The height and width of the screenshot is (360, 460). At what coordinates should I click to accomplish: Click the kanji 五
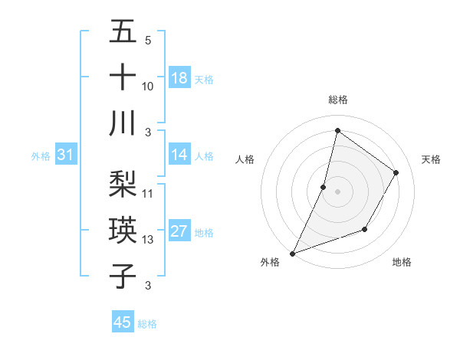pos(123,33)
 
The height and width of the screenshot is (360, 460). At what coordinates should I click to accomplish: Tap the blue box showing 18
pos(179,77)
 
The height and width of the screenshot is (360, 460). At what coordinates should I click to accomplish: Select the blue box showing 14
pos(179,155)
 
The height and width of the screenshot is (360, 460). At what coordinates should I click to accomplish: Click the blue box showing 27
pos(179,231)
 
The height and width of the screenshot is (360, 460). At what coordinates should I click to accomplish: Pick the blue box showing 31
pos(66,155)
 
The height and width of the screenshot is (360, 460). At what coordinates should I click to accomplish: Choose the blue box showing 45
pos(123,322)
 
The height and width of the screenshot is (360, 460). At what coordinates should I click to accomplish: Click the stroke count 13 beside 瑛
pos(148,240)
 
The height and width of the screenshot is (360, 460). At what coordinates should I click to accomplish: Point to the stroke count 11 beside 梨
pos(148,194)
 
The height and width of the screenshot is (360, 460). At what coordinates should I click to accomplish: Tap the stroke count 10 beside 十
pos(148,87)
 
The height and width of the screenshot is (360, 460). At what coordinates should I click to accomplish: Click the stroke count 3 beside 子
pos(148,286)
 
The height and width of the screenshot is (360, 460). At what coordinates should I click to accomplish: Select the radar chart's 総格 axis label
pos(337,100)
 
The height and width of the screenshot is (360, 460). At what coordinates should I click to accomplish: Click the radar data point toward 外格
pos(293,253)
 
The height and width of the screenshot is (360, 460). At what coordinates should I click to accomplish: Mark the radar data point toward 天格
pos(396,172)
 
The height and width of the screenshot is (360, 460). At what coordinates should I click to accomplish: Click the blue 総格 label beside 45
pos(147,324)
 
